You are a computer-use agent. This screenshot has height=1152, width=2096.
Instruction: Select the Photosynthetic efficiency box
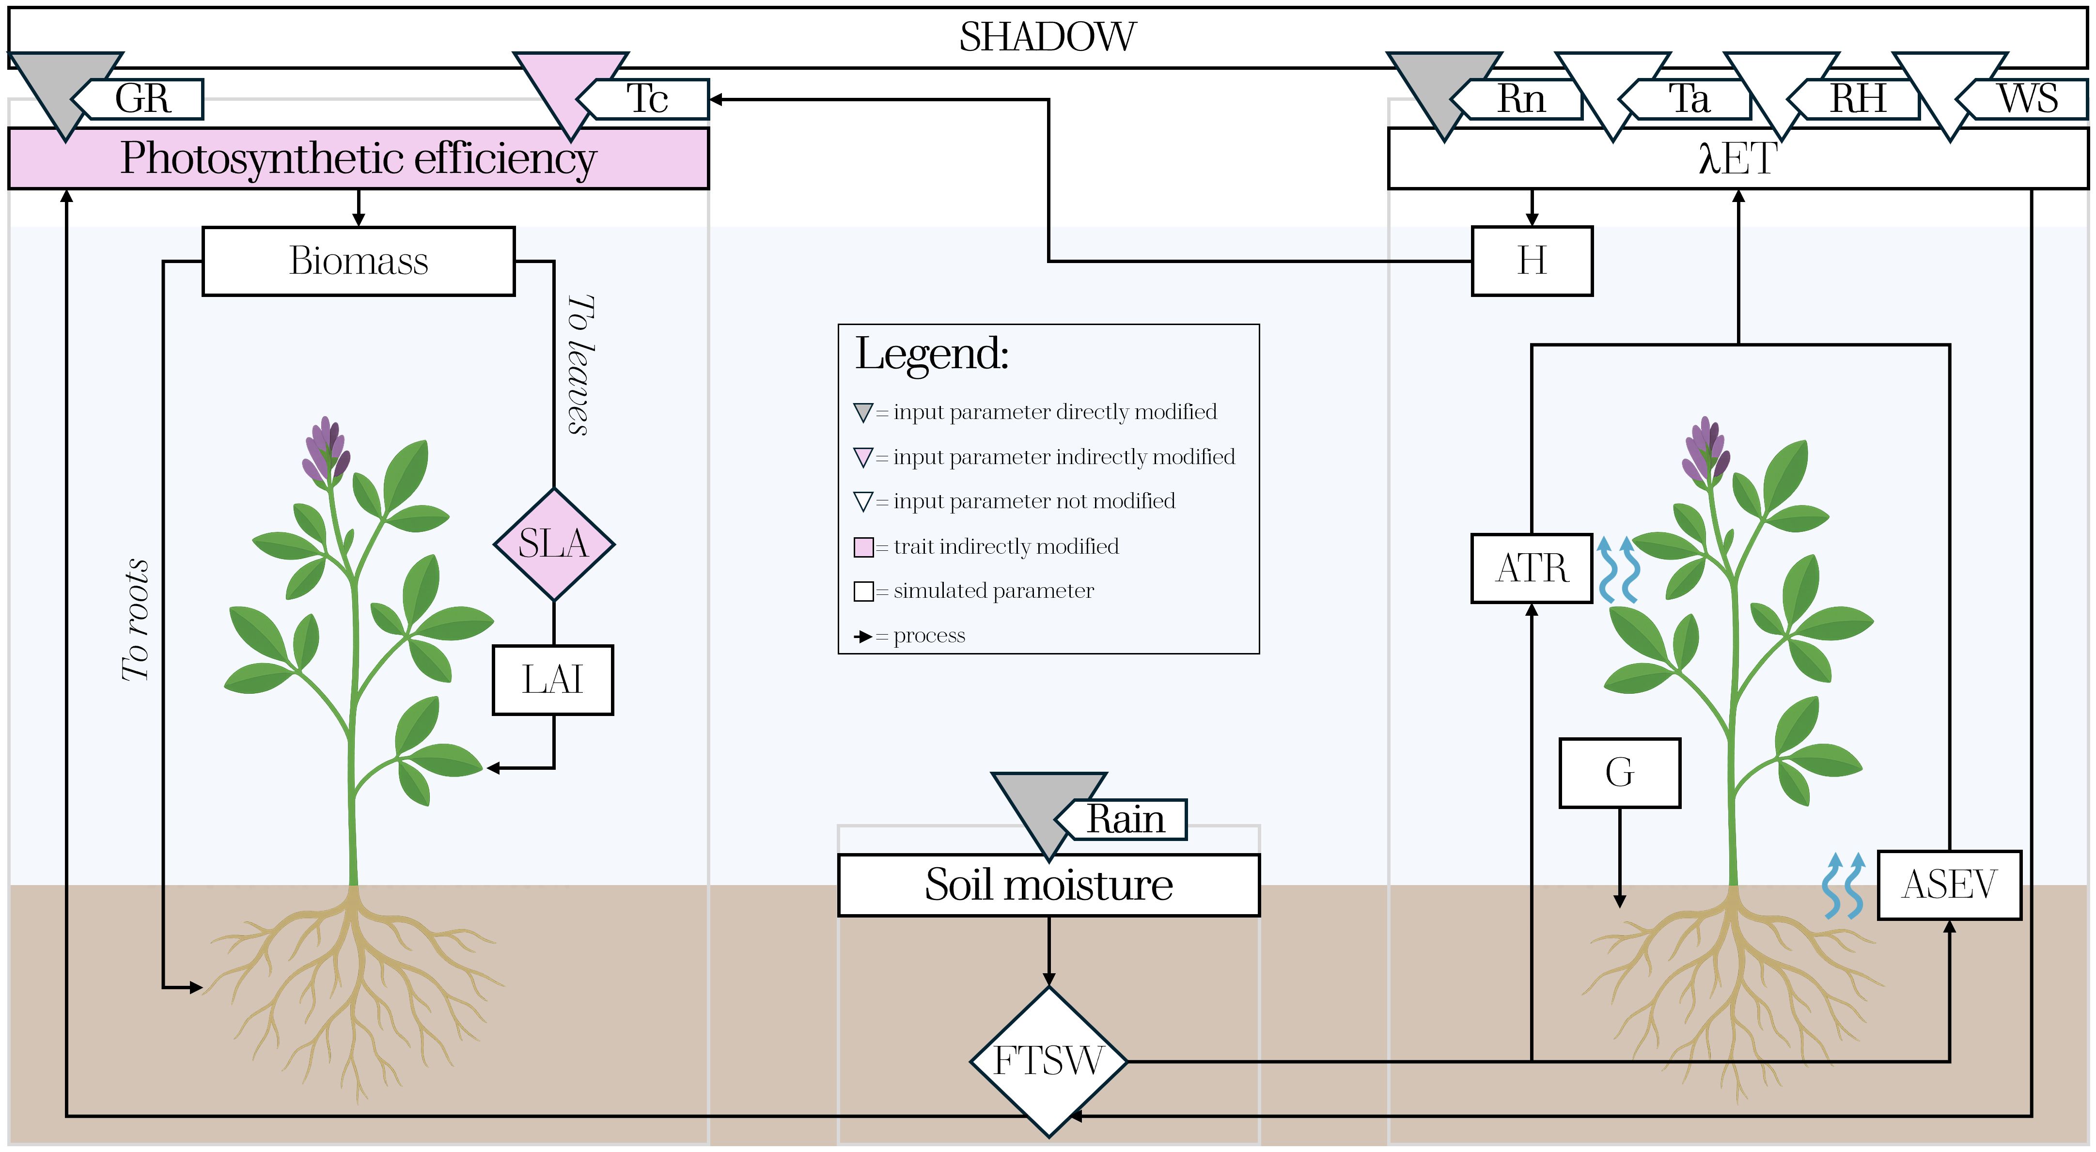pos(358,158)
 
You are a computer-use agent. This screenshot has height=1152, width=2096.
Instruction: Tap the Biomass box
pos(358,261)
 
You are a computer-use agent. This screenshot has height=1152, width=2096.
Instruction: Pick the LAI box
pos(552,680)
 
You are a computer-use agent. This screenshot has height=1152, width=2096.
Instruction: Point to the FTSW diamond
pos(1048,1061)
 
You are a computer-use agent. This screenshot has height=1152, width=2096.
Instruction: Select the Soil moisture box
pos(1048,885)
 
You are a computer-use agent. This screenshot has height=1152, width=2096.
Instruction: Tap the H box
pos(1532,261)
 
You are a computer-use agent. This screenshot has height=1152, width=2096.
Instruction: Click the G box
pos(1619,773)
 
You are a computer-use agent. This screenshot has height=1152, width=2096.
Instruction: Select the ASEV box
pos(1949,885)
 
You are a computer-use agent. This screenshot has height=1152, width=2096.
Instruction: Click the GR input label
pos(143,99)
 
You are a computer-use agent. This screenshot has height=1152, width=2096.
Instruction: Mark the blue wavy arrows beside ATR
pos(1618,570)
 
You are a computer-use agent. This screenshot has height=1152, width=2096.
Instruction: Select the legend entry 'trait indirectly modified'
pos(1005,547)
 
